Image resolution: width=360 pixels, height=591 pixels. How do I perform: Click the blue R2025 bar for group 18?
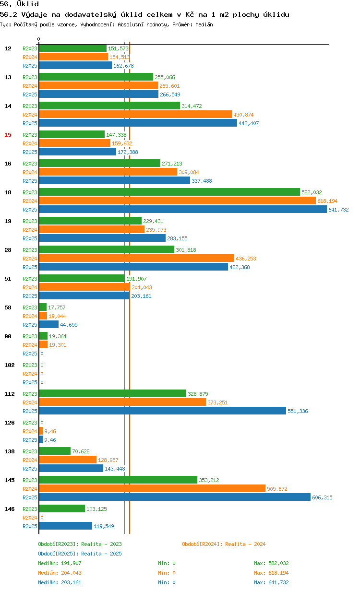point(183,210)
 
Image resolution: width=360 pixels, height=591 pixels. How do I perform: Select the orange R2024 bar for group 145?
point(152,489)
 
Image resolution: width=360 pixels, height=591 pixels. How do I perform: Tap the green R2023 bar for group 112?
point(112,394)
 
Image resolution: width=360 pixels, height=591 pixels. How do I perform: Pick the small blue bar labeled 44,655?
point(49,324)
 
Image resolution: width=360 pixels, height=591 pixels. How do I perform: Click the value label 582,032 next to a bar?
point(312,192)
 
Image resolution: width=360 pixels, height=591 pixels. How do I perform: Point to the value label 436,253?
point(246,259)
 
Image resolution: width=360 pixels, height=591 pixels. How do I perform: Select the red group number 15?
point(8,135)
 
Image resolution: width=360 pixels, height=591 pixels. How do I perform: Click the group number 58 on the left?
point(8,307)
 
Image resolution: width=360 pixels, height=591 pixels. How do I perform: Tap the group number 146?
point(10,509)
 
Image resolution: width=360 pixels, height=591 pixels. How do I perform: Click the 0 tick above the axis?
point(38,39)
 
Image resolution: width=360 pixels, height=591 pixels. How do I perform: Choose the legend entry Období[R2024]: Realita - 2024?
point(224,544)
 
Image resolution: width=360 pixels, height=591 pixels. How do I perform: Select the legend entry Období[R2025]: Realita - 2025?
point(80,554)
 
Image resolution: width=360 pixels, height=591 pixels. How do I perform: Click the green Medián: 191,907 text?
point(60,563)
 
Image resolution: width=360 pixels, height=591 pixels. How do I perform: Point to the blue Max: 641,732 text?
point(271,582)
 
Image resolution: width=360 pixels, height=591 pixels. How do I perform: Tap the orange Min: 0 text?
point(167,573)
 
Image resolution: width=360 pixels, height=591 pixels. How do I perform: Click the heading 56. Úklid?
point(19,4)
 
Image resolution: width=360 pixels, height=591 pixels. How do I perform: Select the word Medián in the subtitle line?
point(204,24)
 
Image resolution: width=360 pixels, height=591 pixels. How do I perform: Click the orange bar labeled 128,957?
point(68,460)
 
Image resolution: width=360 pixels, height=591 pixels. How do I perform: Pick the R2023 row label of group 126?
point(30,423)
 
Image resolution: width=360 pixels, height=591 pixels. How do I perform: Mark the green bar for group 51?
point(82,279)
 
